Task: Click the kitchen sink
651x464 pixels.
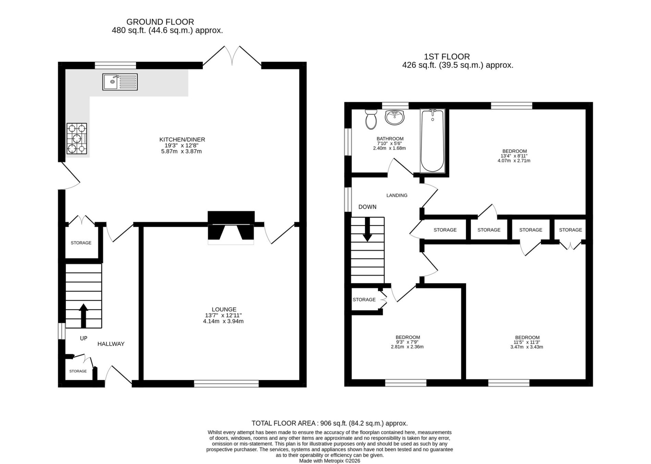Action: (x=120, y=82)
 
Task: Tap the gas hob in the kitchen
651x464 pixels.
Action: (x=77, y=139)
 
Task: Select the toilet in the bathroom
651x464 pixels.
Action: (x=371, y=119)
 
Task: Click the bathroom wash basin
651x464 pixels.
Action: (x=395, y=117)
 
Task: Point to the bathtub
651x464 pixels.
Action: (x=432, y=141)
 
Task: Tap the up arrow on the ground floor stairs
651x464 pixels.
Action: (x=83, y=316)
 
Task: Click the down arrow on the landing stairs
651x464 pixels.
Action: (x=367, y=229)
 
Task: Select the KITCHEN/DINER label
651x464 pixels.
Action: (x=182, y=140)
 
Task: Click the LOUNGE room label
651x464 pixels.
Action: (x=224, y=309)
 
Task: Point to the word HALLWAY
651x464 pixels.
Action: (x=111, y=344)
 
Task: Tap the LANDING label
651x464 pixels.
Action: (x=397, y=195)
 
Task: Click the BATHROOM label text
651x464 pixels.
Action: (x=390, y=139)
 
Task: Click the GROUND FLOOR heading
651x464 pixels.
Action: (x=160, y=22)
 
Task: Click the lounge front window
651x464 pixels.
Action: (x=226, y=383)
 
